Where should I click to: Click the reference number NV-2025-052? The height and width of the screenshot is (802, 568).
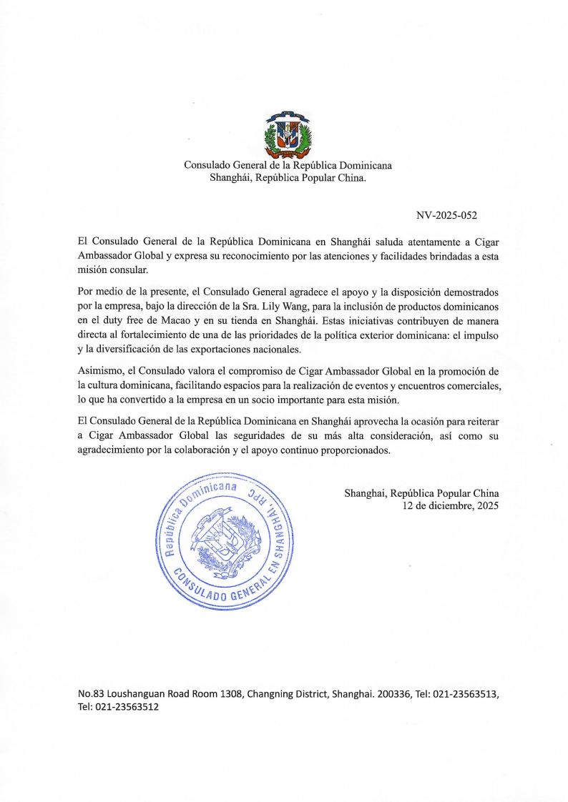coord(457,214)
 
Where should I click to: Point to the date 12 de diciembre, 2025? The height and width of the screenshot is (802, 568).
coord(451,505)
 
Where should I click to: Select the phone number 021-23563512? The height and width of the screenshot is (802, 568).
coord(127,707)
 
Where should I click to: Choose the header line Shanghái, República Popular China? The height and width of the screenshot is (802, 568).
coord(288,178)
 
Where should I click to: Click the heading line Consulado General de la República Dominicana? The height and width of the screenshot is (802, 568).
coord(288,165)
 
